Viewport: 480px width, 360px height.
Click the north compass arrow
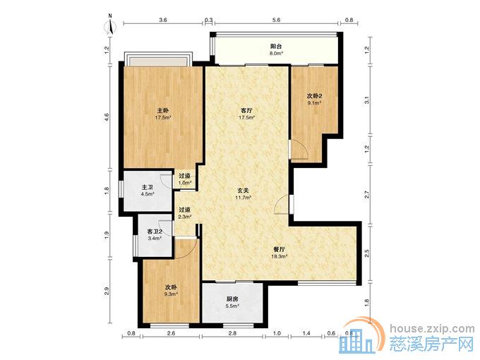tap(111, 27)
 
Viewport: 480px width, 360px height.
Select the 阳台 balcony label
tap(276, 46)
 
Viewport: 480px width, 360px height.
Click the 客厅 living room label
tap(247, 110)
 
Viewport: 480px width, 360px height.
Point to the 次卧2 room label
tap(314, 96)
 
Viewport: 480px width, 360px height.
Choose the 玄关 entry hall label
tap(244, 190)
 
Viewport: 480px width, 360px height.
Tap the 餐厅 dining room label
tap(279, 249)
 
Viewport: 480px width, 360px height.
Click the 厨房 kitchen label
tap(232, 299)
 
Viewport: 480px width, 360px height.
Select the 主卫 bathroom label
tap(148, 187)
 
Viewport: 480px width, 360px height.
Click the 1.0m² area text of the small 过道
tap(185, 183)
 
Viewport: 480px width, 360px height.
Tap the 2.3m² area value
tap(185, 217)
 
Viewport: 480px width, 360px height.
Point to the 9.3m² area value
tap(171, 294)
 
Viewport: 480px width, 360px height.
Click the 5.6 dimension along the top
tap(276, 20)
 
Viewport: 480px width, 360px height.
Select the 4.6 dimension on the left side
tap(107, 117)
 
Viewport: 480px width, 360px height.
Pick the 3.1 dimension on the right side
tap(367, 100)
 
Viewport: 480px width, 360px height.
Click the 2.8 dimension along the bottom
tap(232, 333)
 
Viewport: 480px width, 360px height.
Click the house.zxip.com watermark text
tap(432, 329)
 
